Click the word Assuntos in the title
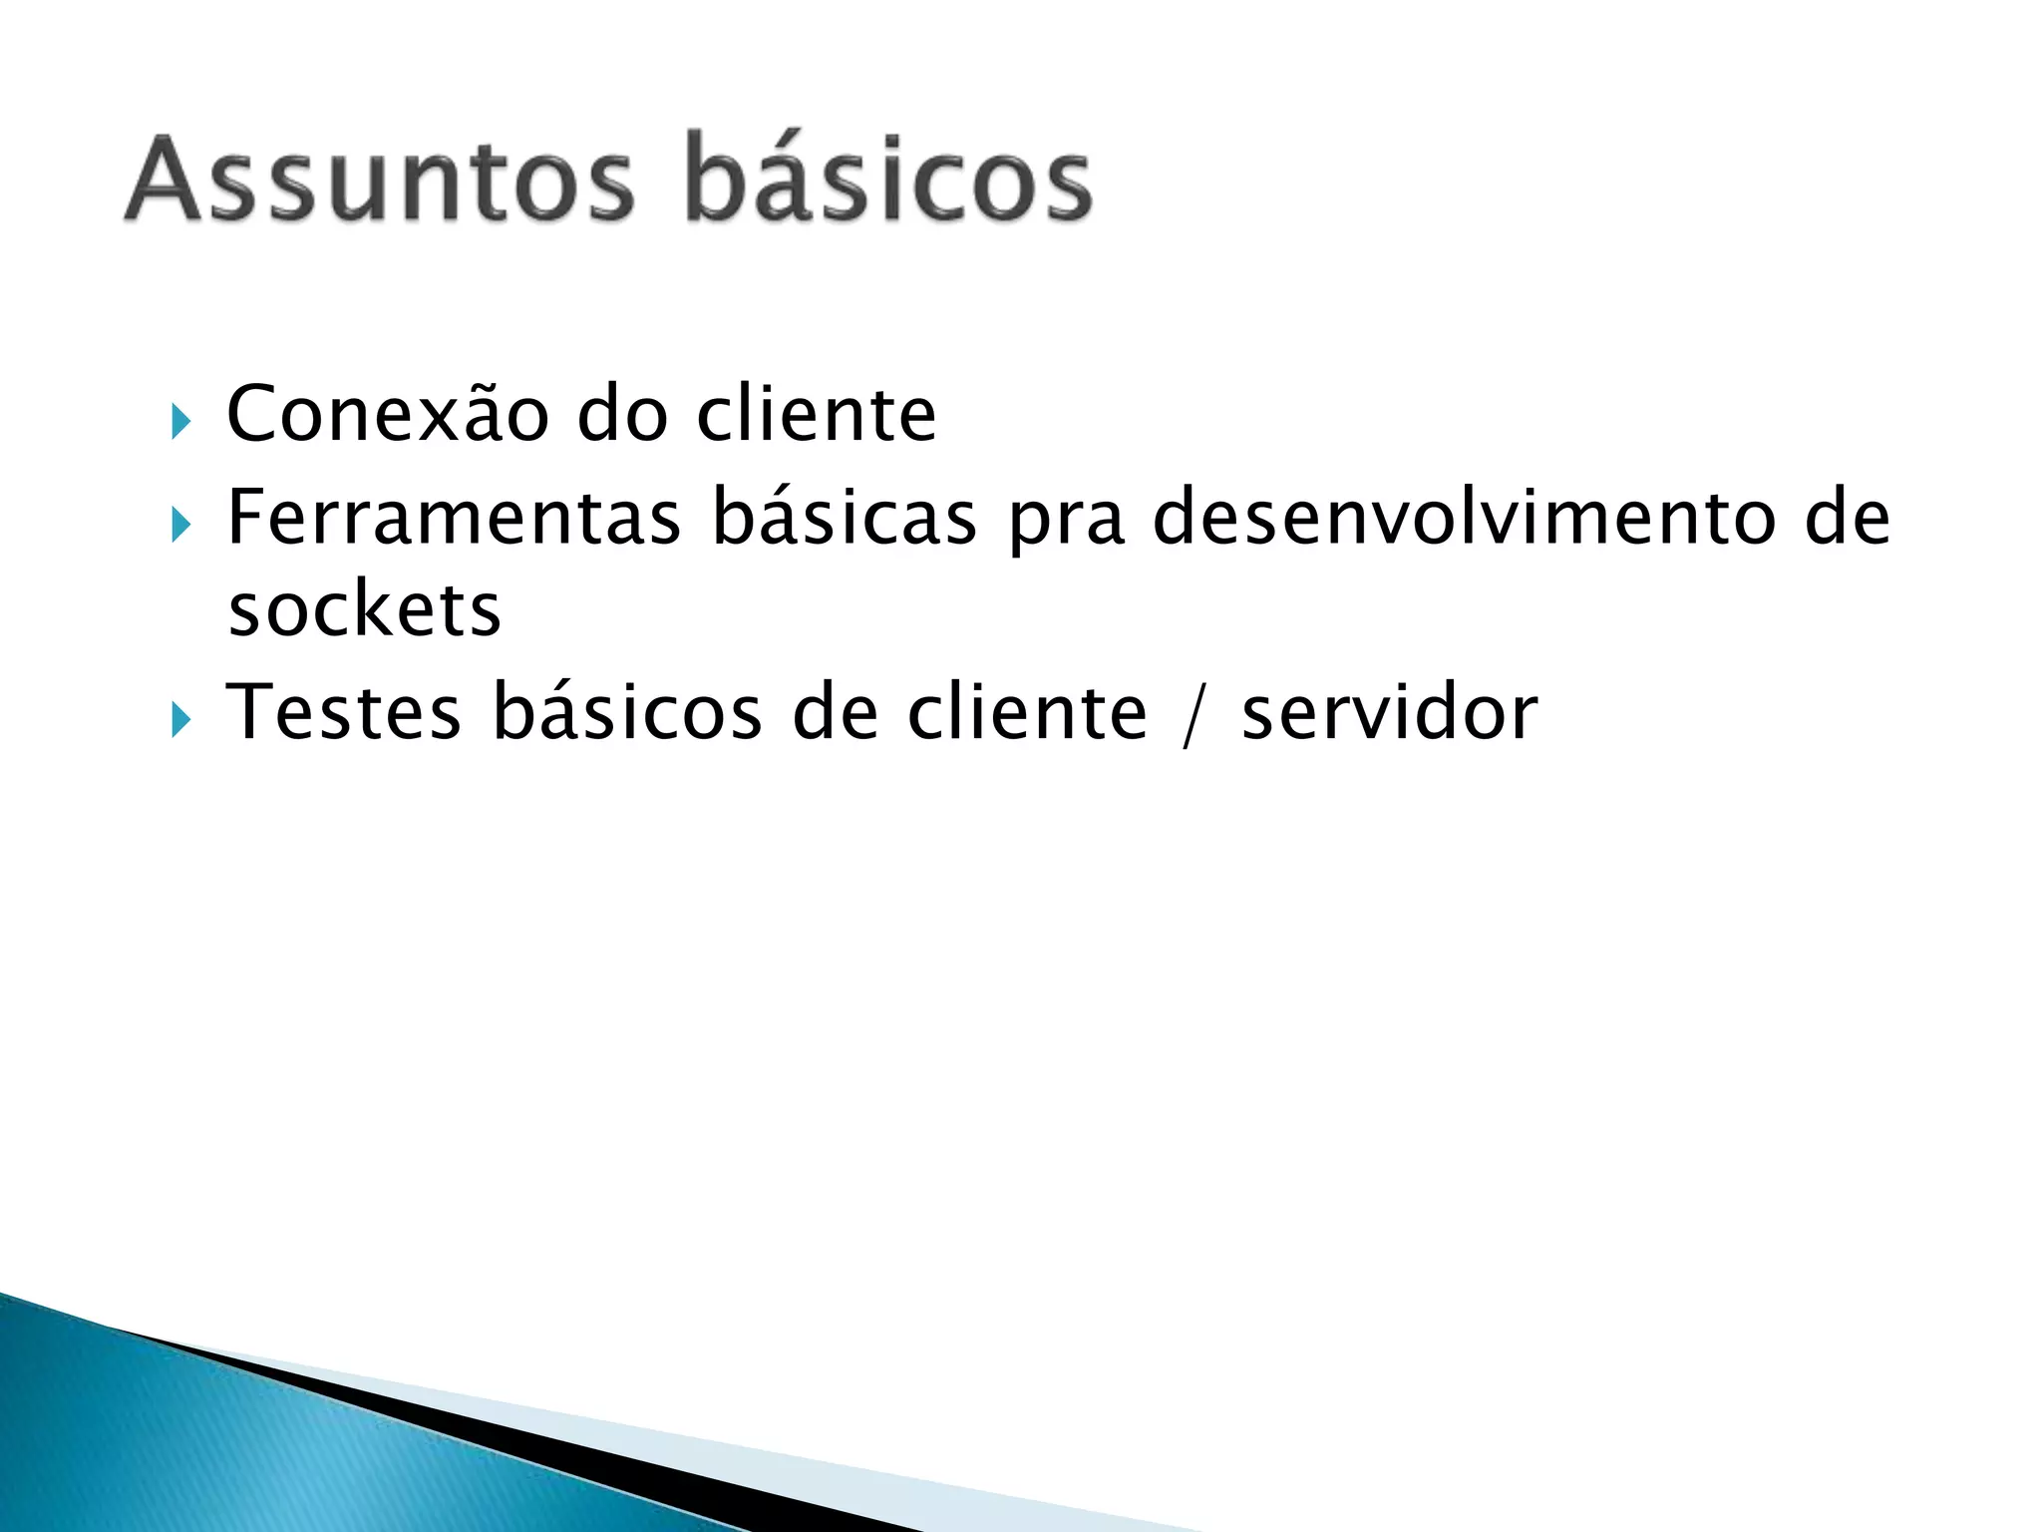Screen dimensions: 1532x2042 [x=379, y=180]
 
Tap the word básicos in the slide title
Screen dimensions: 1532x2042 [x=889, y=180]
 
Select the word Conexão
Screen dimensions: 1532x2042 [x=388, y=413]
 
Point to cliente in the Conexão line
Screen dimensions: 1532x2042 [x=817, y=413]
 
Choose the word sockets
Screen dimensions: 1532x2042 [x=365, y=609]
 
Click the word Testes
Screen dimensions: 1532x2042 [x=344, y=712]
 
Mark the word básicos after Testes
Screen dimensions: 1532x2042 [x=627, y=712]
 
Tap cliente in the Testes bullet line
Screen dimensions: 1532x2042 [x=1027, y=712]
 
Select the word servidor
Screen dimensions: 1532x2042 [x=1390, y=712]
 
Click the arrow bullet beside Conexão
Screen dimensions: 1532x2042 [x=179, y=421]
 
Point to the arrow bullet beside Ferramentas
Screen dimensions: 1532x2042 [x=179, y=525]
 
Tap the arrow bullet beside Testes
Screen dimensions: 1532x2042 [x=179, y=719]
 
